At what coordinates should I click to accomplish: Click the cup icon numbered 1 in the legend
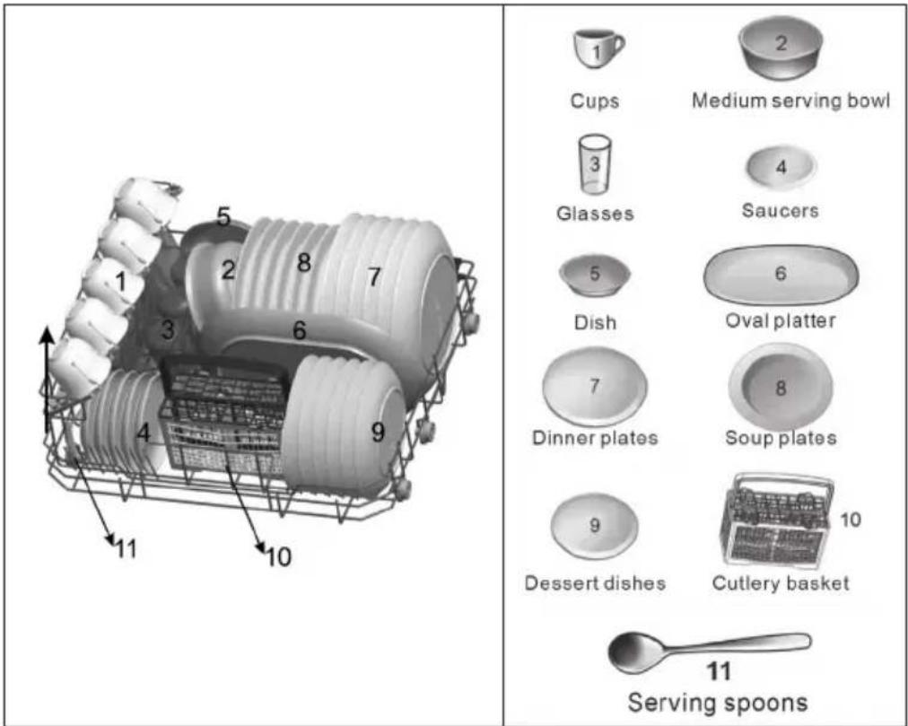(x=598, y=48)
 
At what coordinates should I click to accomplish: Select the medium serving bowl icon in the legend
(x=780, y=48)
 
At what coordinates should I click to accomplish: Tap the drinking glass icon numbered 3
(x=595, y=164)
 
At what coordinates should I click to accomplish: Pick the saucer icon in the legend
(x=781, y=167)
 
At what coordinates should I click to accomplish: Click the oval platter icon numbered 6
(x=781, y=274)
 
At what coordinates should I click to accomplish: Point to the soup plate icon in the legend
(x=780, y=388)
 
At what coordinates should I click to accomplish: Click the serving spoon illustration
(x=709, y=651)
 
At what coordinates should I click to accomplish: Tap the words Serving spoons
(x=718, y=703)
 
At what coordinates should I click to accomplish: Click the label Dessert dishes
(x=595, y=582)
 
